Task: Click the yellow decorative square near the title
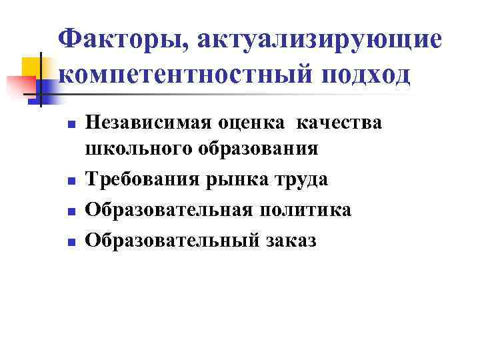tap(33, 69)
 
